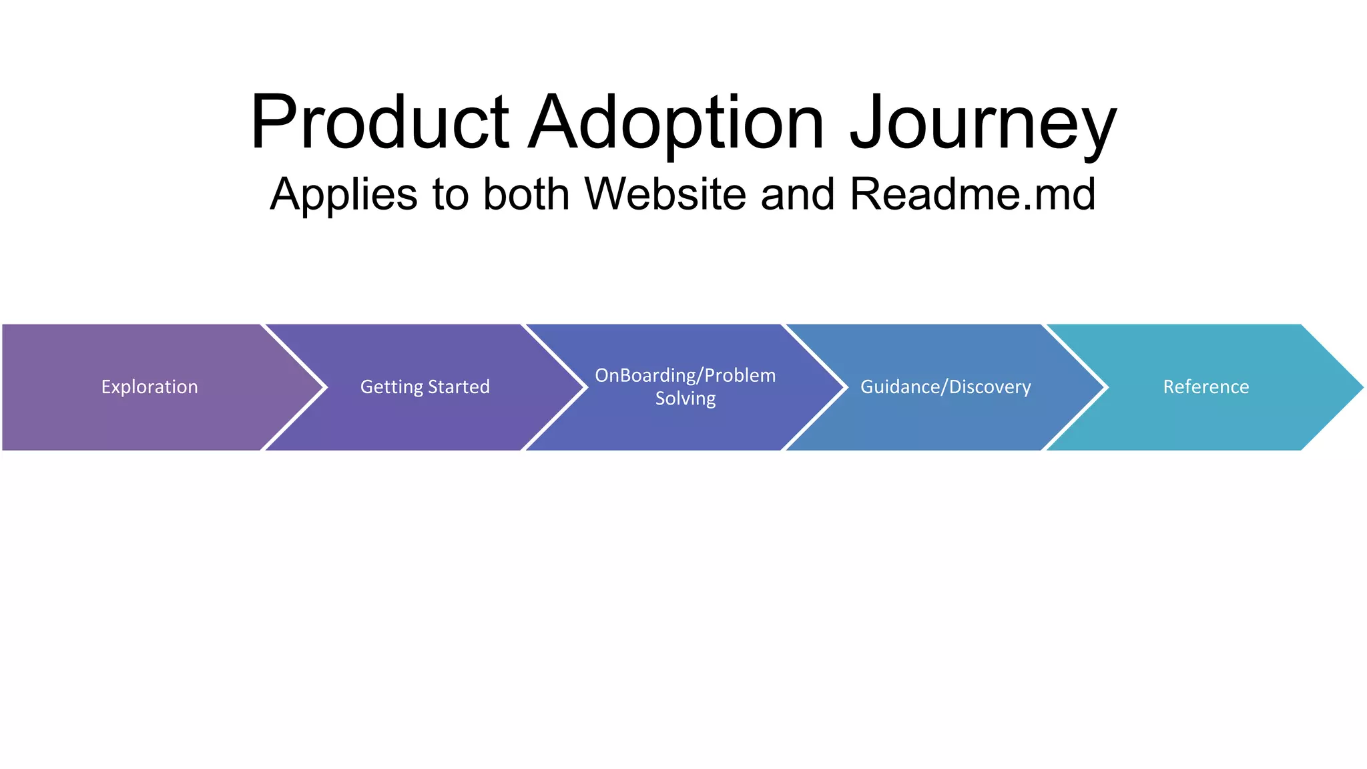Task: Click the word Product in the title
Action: click(379, 123)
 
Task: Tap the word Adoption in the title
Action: click(675, 123)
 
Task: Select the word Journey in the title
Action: click(983, 123)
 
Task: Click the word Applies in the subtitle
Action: click(343, 195)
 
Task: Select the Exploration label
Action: click(150, 387)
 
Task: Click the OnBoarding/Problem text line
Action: click(685, 376)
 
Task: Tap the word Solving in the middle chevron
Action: click(685, 399)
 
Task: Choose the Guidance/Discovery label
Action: click(945, 387)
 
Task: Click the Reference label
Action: click(1205, 387)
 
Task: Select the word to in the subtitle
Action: click(451, 195)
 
